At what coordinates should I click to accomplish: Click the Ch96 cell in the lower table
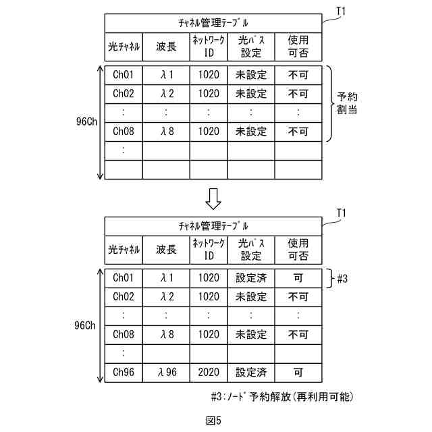(124, 372)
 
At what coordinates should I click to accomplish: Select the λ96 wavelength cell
(167, 372)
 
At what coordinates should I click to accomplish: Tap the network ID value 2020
(209, 372)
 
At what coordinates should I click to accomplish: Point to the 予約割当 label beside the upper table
(348, 103)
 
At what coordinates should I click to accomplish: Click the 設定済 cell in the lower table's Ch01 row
(251, 277)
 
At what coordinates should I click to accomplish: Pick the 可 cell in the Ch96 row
(298, 372)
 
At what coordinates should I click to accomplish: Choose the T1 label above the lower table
(342, 213)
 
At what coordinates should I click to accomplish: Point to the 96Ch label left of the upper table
(88, 122)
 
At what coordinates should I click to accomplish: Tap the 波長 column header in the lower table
(167, 250)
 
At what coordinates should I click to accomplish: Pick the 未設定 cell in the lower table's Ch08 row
(251, 334)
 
